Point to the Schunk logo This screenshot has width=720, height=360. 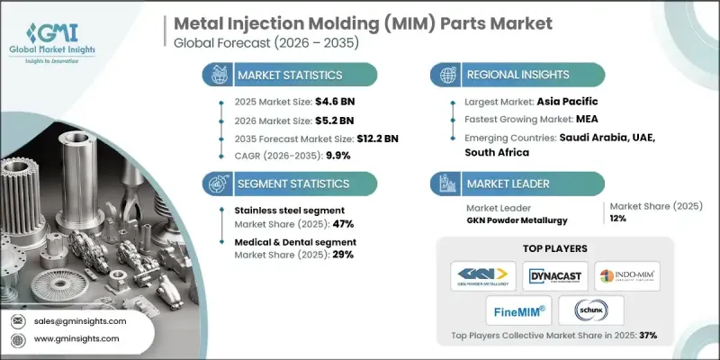point(592,311)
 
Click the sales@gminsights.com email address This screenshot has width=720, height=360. point(82,320)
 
